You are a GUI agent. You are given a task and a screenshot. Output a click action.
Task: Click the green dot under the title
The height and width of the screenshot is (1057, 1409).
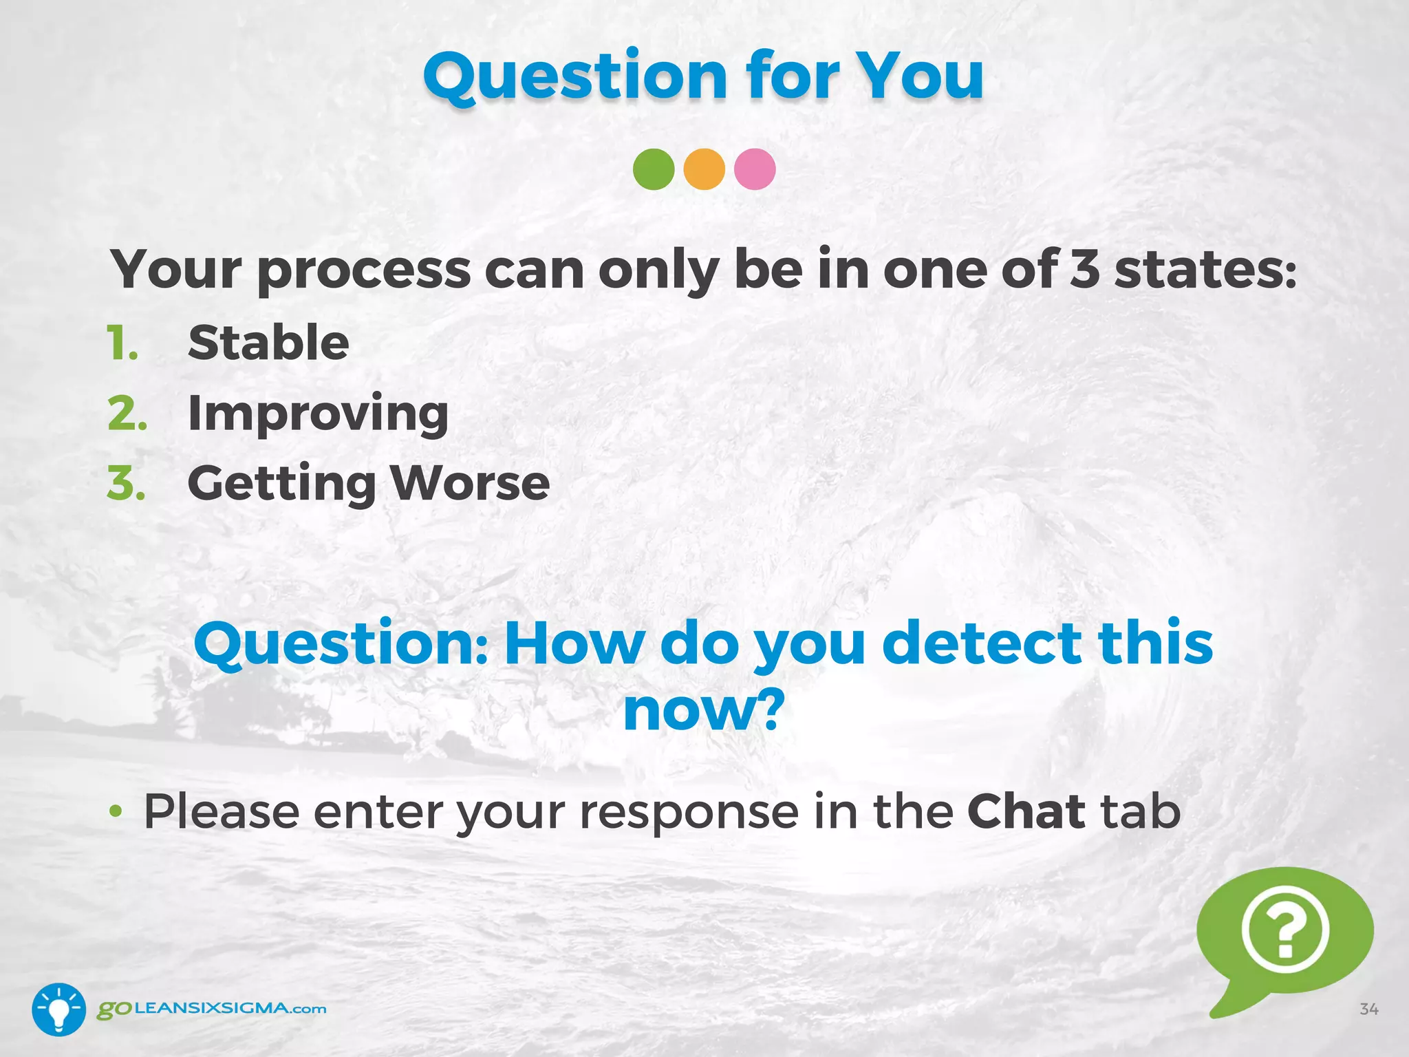point(653,169)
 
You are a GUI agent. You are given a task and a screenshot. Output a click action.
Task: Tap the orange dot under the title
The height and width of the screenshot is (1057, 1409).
point(704,169)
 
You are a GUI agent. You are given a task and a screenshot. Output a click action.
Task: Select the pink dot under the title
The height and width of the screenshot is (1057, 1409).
point(755,169)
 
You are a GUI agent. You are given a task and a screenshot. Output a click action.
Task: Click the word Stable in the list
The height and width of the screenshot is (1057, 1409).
point(268,343)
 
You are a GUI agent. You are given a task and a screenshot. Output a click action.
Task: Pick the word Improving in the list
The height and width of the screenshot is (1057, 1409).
point(318,414)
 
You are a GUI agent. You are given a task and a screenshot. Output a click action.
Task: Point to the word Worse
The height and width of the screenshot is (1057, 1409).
point(471,483)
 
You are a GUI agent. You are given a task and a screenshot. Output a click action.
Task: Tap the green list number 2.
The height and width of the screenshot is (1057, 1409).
point(127,414)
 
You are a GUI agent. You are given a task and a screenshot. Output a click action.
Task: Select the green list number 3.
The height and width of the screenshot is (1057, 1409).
point(127,483)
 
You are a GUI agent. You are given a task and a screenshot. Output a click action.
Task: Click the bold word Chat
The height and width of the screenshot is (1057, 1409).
point(1026,811)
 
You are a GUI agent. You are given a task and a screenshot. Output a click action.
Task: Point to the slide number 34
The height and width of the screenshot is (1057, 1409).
point(1368,1010)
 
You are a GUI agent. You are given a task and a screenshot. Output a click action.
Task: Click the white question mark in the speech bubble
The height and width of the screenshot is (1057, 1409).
point(1284,931)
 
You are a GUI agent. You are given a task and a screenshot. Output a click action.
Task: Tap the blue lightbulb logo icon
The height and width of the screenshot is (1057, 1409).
point(58,1010)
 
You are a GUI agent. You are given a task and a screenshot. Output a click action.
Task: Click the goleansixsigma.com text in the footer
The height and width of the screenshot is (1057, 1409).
point(212,1009)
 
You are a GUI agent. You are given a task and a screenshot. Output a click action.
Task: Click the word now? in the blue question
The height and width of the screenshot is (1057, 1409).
point(704,710)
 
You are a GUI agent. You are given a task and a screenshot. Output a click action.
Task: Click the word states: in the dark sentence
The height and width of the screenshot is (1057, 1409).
point(1205,270)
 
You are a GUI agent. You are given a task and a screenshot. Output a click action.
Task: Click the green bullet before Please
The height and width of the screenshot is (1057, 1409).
point(116,812)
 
